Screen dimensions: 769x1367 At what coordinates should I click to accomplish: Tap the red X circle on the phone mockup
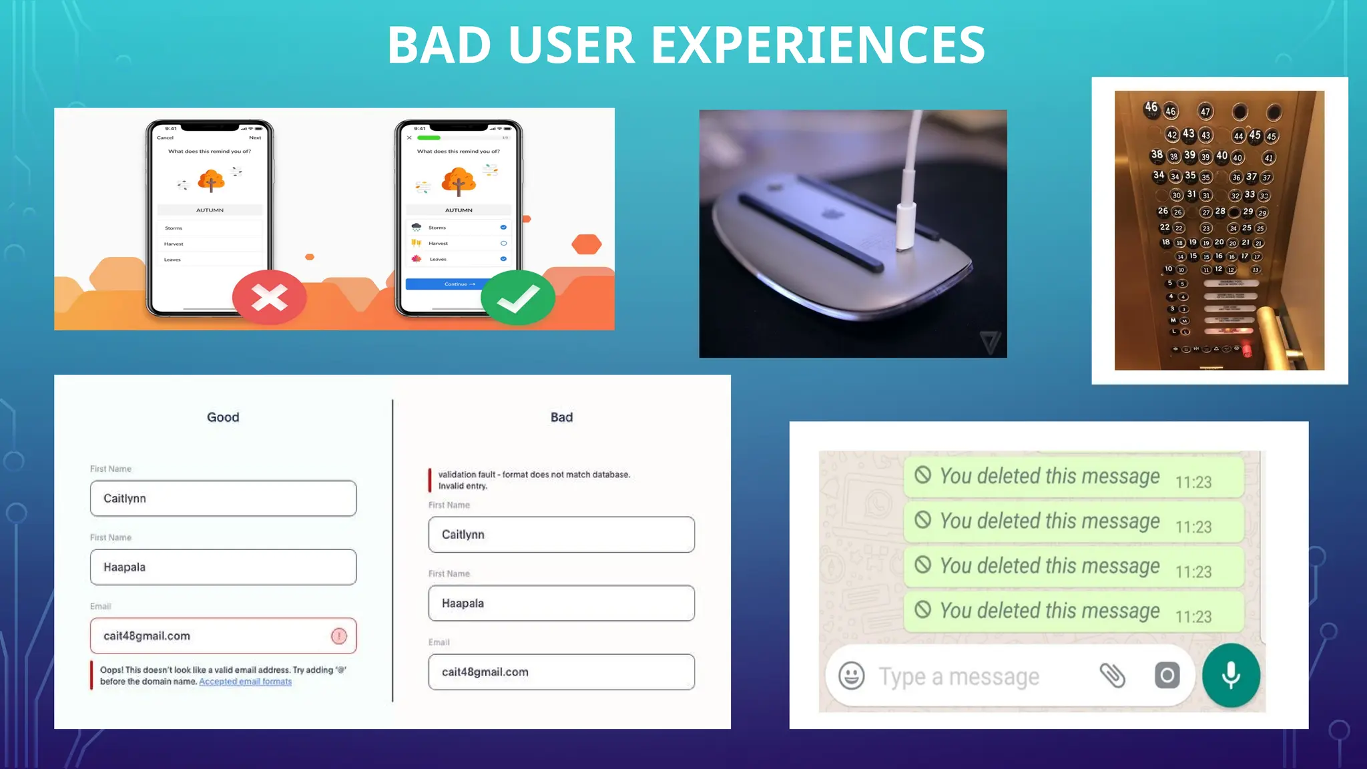269,298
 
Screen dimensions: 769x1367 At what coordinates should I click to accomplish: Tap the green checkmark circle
518,298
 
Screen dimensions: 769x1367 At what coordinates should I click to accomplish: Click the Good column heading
223,417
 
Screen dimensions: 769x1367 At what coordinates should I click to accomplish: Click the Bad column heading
561,417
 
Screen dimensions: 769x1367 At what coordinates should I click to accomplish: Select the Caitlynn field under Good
223,499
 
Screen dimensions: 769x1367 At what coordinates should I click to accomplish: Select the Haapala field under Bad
561,603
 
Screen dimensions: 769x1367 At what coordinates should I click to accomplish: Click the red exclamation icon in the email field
339,636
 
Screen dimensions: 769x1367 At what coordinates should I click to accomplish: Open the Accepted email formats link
245,682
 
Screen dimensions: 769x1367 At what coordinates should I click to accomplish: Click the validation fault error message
533,480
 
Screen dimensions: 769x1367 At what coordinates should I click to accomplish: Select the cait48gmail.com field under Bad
561,672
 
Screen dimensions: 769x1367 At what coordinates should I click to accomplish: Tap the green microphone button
1231,676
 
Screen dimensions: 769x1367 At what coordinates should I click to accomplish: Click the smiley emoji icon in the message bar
851,676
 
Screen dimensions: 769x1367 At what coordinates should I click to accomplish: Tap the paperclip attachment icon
1112,676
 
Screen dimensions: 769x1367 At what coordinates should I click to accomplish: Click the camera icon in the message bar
1167,676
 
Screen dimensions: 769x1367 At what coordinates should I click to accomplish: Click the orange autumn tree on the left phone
211,180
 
